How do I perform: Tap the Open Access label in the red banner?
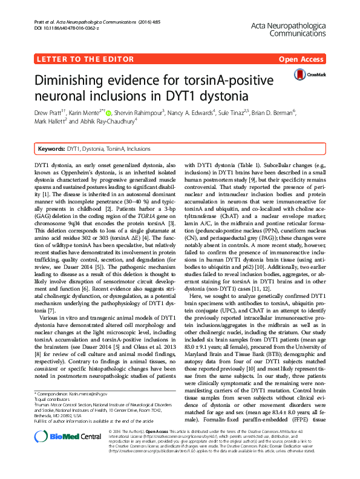tap(300, 59)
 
